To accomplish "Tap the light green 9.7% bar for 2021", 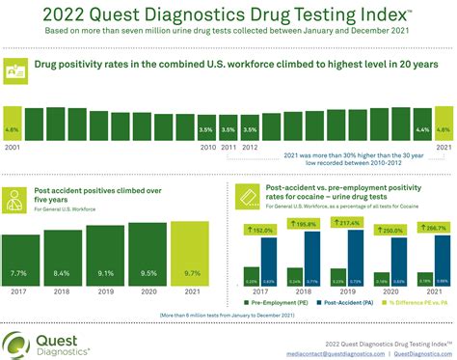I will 191,246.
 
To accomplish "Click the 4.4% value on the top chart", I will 422,128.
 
